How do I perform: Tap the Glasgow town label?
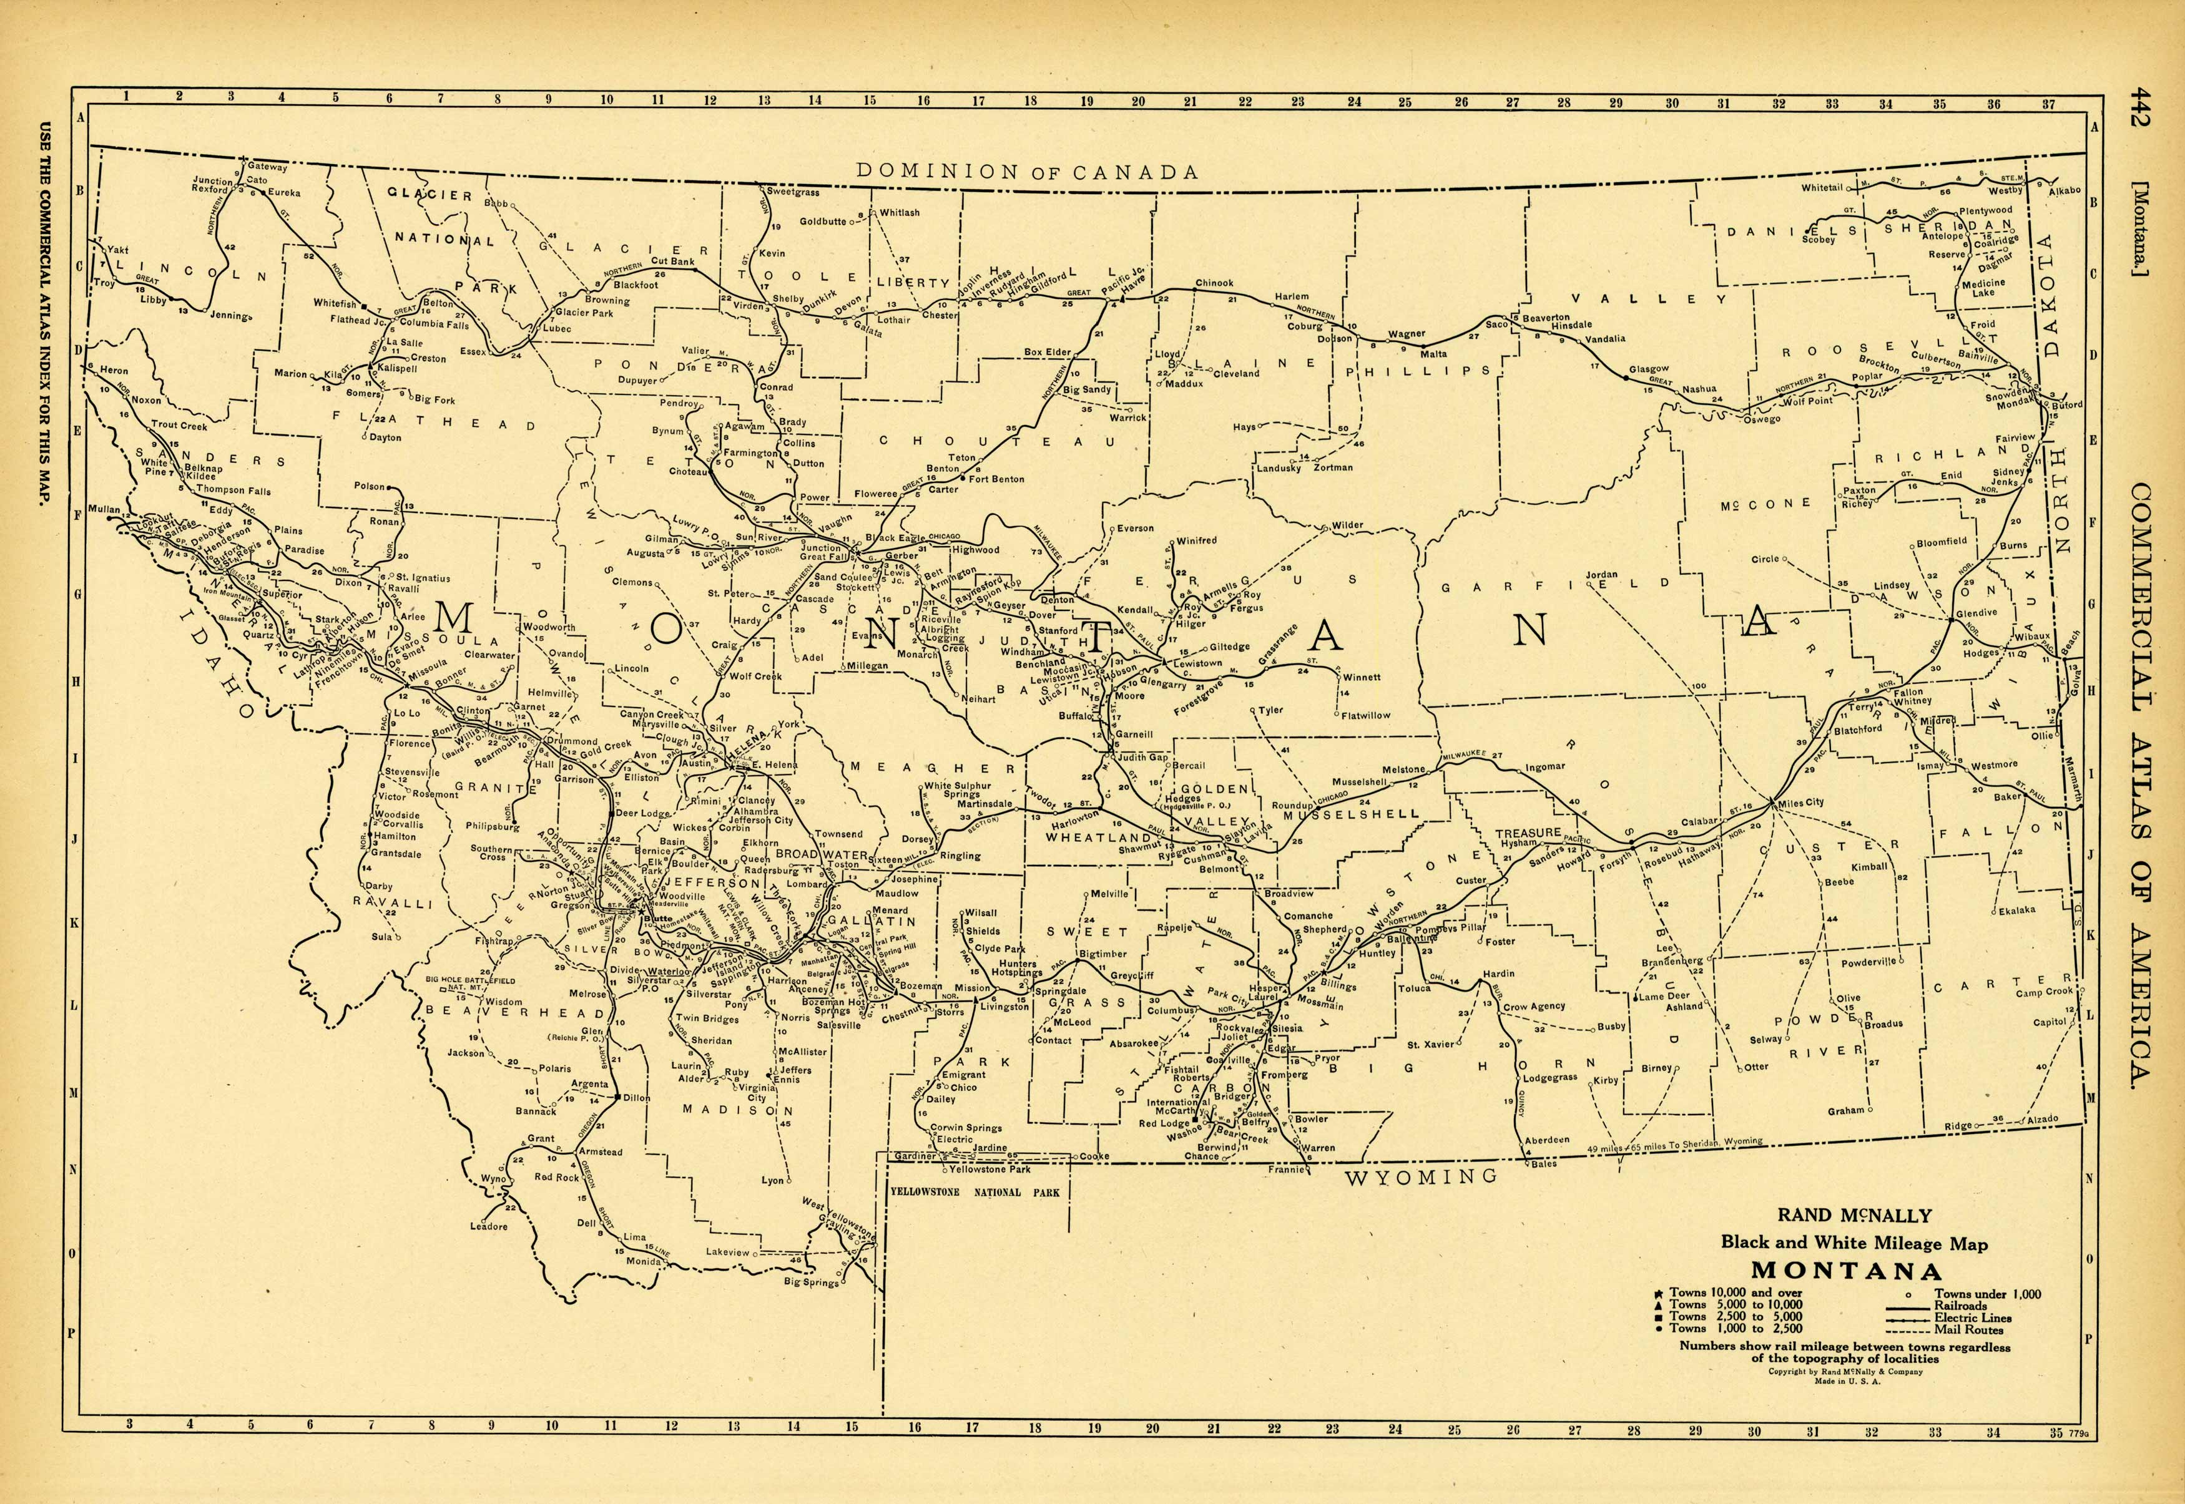point(1649,368)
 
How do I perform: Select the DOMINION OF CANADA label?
point(1026,172)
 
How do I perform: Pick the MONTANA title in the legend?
point(1847,1271)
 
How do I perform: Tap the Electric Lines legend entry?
point(1973,1317)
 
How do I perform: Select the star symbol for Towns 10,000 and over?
point(1660,1293)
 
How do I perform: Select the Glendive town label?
point(1976,613)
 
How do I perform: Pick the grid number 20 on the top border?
point(1137,102)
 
